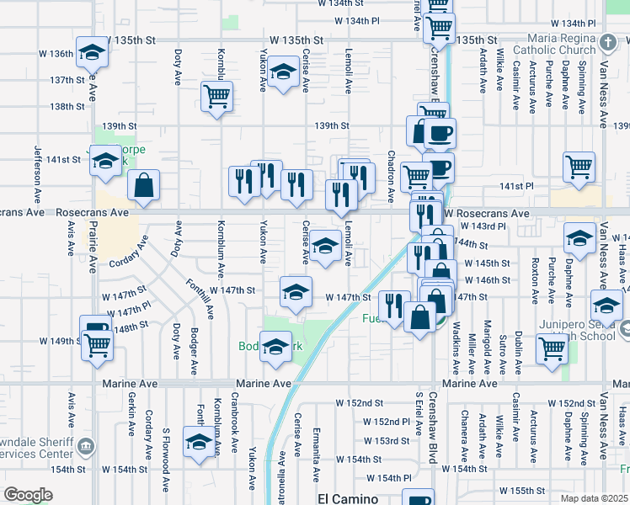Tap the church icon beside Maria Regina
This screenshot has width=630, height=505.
click(609, 40)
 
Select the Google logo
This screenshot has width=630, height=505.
click(28, 495)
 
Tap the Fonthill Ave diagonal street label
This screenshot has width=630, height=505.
click(200, 299)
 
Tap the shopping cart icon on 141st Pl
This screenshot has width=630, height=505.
click(579, 167)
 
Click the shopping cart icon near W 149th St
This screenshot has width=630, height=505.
click(97, 344)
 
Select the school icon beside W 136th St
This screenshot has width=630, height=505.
click(91, 53)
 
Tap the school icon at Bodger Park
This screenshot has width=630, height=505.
click(275, 347)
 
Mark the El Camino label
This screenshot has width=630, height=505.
click(348, 498)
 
